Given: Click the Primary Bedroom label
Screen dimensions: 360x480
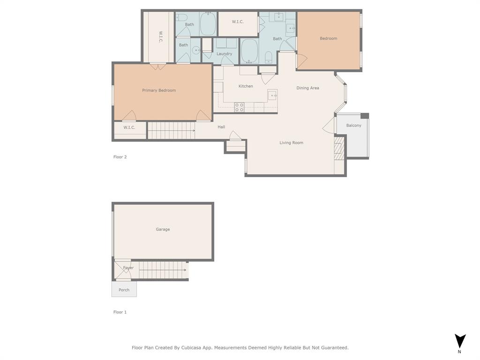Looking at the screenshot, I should pyautogui.click(x=159, y=90).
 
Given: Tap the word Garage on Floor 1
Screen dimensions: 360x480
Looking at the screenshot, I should pyautogui.click(x=163, y=229).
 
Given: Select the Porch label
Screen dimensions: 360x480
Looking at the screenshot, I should pyautogui.click(x=124, y=290).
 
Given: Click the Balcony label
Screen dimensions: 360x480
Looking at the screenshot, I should pyautogui.click(x=353, y=126).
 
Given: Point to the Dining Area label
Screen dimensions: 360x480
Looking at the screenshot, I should pyautogui.click(x=307, y=88).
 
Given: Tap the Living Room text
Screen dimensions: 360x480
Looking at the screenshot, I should pyautogui.click(x=291, y=143).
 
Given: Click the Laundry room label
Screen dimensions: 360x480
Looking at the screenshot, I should pyautogui.click(x=224, y=54).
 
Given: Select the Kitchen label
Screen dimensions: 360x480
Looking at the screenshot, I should pyautogui.click(x=246, y=86).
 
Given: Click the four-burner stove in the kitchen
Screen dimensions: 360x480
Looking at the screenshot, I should pyautogui.click(x=239, y=107).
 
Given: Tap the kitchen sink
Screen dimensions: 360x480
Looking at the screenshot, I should pyautogui.click(x=272, y=95).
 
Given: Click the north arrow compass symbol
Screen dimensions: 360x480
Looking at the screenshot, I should pyautogui.click(x=460, y=341).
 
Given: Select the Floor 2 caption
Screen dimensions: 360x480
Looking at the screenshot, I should pyautogui.click(x=120, y=157).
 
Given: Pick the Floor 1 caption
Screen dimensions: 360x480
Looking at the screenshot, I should pyautogui.click(x=120, y=312).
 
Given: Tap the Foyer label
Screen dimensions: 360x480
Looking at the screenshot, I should pyautogui.click(x=128, y=268).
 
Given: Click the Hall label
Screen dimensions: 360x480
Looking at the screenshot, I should pyautogui.click(x=221, y=127).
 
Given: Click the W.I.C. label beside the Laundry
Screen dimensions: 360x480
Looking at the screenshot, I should pyautogui.click(x=238, y=22).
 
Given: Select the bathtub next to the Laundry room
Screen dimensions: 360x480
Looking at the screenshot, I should pyautogui.click(x=249, y=51).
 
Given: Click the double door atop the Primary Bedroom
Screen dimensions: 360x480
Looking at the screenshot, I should pyautogui.click(x=158, y=67).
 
